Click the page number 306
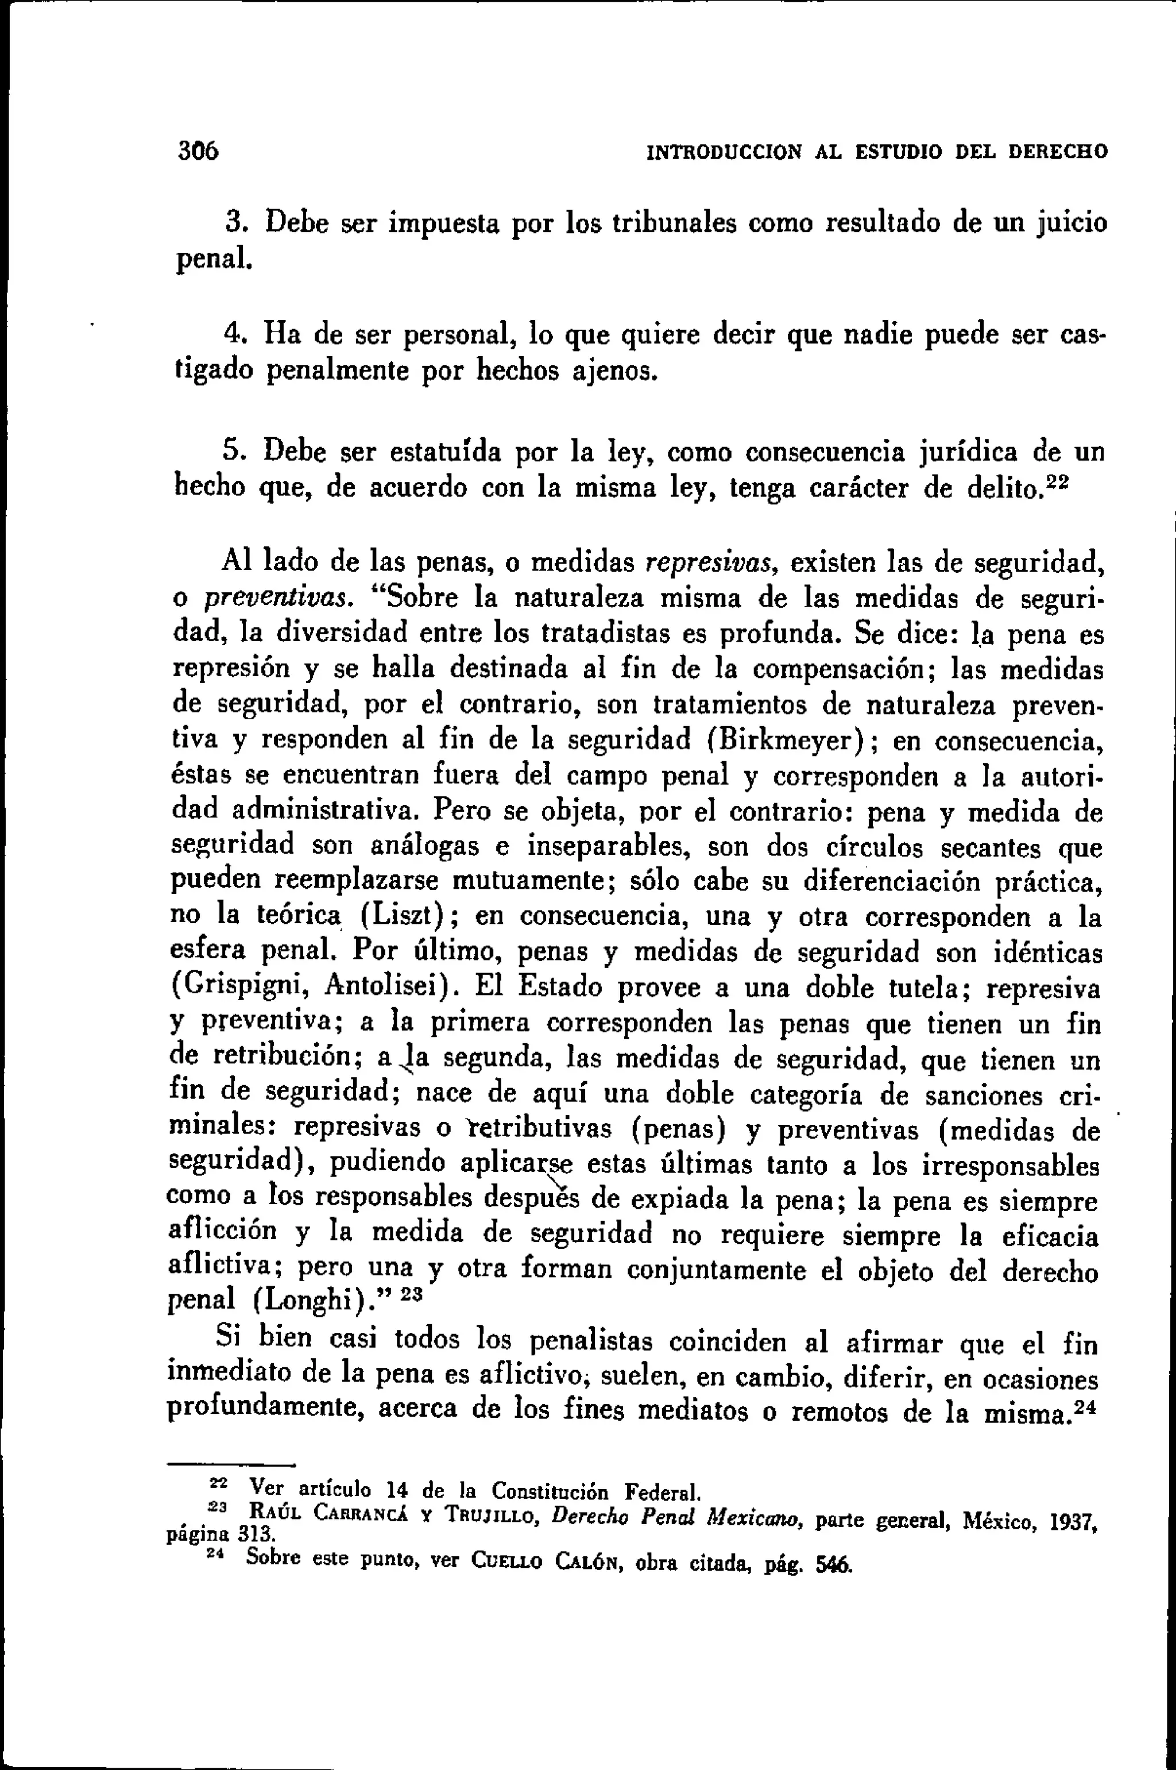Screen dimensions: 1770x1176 pos(198,152)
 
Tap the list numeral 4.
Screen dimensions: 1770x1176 pos(232,333)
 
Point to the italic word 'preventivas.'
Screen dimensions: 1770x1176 pos(277,598)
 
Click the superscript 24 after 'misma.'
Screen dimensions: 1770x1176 pos(1085,1409)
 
